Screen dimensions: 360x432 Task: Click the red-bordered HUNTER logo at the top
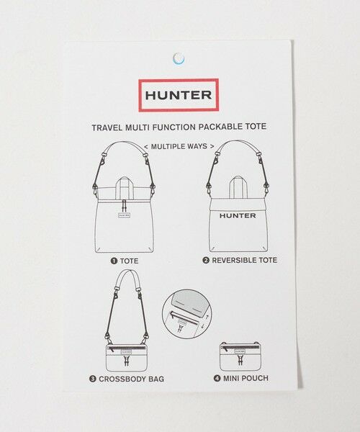click(x=179, y=95)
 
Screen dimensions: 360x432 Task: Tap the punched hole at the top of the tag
click(x=179, y=58)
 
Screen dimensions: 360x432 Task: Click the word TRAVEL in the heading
click(x=107, y=127)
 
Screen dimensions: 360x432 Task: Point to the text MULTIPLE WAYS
click(x=179, y=146)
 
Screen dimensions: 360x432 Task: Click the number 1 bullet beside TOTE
click(x=114, y=261)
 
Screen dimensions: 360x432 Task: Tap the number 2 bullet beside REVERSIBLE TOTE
click(x=206, y=261)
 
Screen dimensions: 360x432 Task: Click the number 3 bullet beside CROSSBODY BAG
click(x=93, y=379)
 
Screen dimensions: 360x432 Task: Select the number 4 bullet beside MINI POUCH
click(x=217, y=378)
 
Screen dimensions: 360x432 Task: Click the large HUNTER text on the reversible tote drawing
click(x=238, y=215)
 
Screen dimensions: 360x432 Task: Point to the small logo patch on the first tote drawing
click(x=124, y=215)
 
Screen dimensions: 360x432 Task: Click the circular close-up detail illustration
click(x=186, y=313)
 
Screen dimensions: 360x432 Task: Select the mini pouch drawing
click(x=240, y=356)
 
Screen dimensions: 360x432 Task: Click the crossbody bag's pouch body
click(x=127, y=357)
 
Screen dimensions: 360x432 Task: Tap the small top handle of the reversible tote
click(x=236, y=186)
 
